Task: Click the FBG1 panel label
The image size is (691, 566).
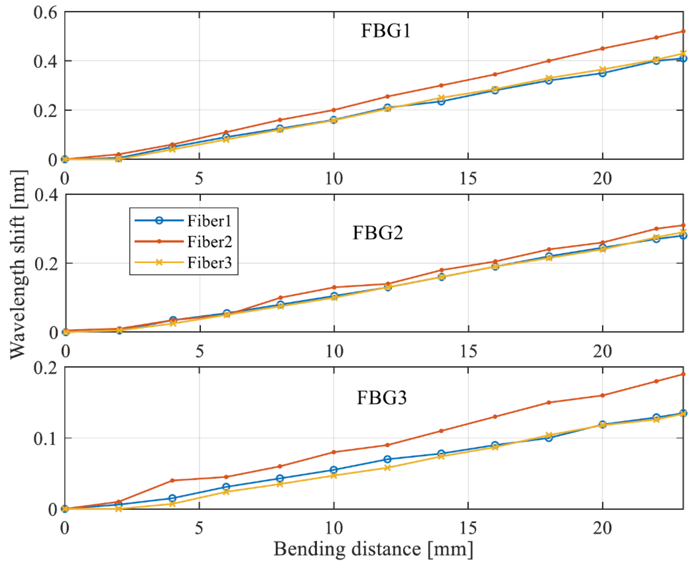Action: [386, 31]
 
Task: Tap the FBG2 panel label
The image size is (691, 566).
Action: [378, 233]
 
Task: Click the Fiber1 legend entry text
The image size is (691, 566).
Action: [209, 221]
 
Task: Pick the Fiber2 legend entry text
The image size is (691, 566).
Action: [209, 242]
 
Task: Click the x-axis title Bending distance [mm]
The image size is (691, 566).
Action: [373, 549]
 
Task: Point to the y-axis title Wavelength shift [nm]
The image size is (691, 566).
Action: [18, 264]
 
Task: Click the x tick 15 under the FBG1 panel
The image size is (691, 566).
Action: [468, 179]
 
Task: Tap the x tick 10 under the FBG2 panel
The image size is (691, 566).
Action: [334, 351]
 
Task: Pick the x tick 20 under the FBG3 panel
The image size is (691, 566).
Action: [602, 527]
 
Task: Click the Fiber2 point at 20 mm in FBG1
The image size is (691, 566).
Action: [603, 49]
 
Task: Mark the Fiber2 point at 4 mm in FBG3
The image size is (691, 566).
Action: [172, 480]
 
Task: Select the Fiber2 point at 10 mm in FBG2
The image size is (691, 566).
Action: [334, 287]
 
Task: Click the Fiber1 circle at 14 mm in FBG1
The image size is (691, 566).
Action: [441, 101]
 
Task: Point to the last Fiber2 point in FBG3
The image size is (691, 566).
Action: [683, 374]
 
